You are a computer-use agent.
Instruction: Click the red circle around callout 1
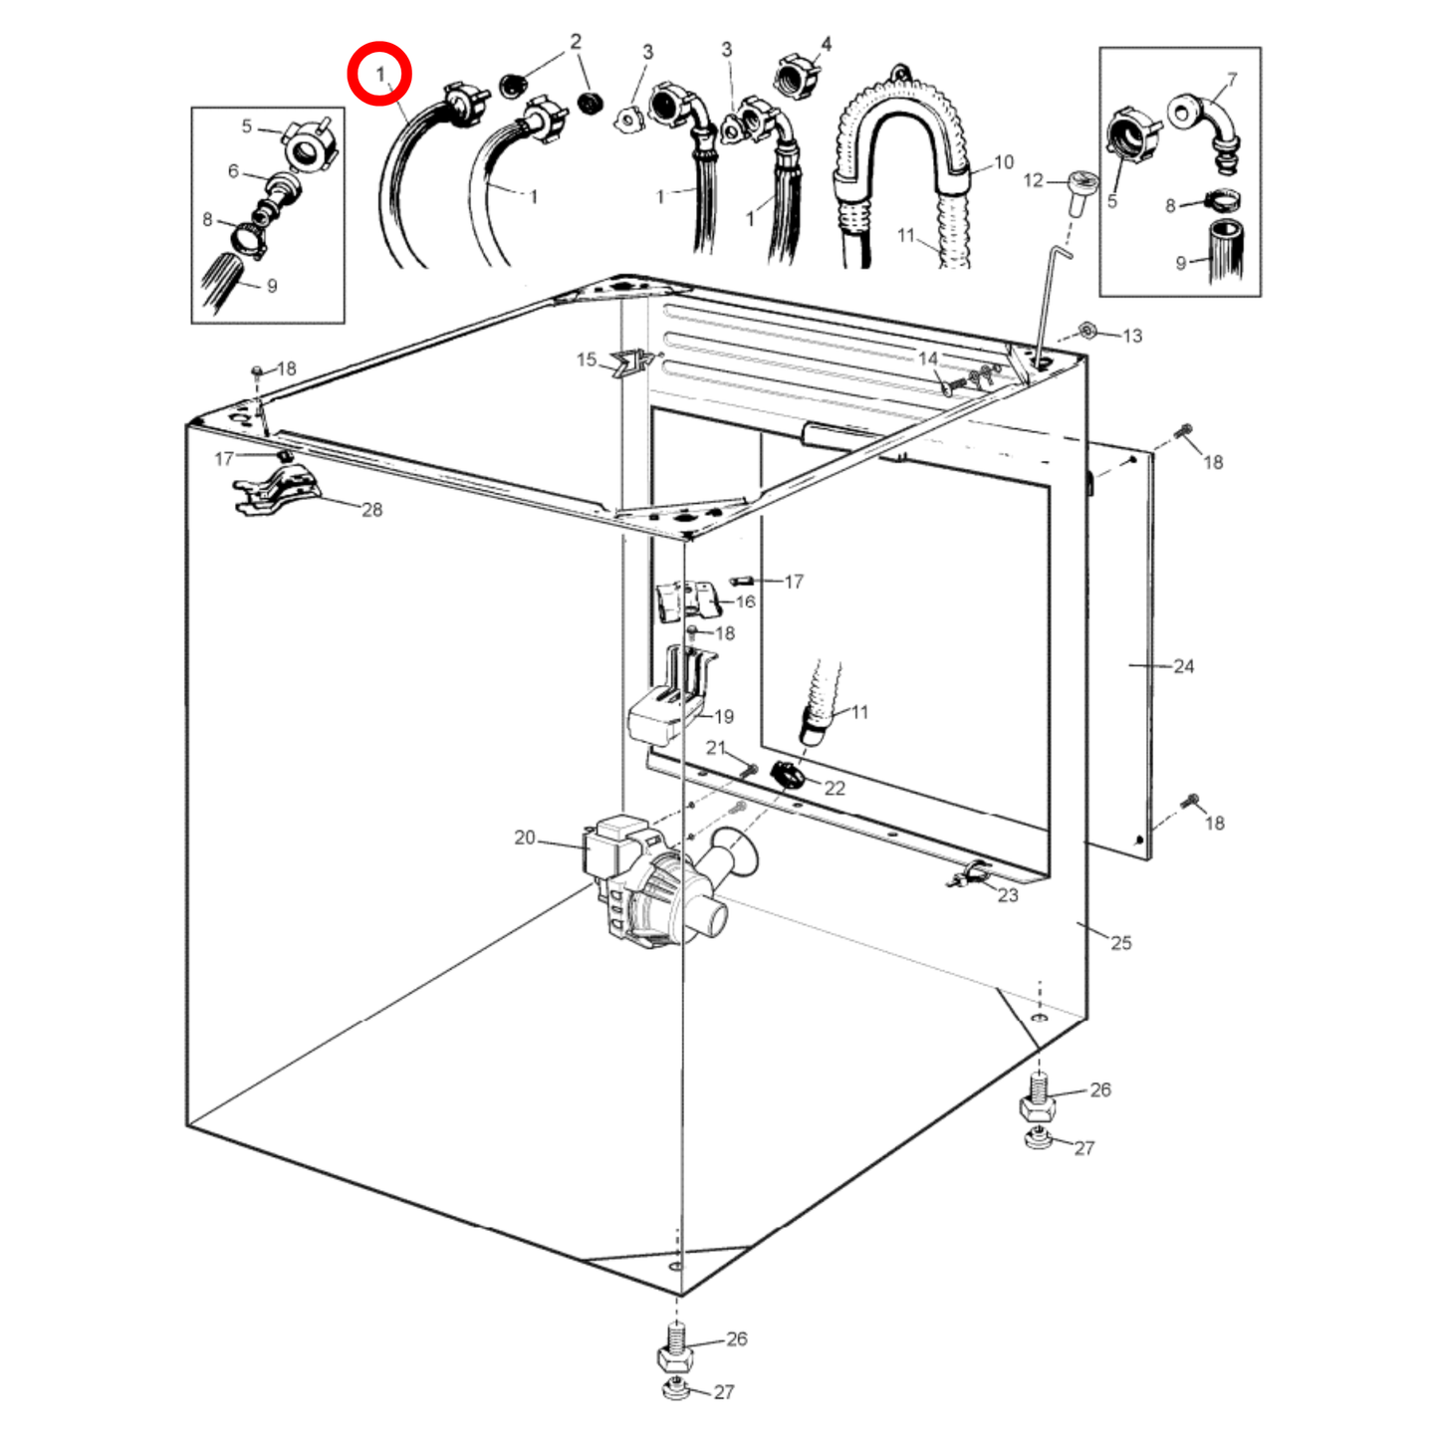(x=378, y=74)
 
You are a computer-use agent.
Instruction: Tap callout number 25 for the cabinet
(x=1121, y=942)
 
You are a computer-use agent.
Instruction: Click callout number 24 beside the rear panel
(x=1183, y=666)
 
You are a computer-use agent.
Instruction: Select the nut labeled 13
(x=1088, y=330)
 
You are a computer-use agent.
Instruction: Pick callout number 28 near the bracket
(x=371, y=510)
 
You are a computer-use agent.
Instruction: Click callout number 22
(x=835, y=788)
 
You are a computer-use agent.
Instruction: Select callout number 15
(x=587, y=360)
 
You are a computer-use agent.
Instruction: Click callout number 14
(x=928, y=359)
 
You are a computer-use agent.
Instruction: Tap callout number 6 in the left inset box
(x=233, y=171)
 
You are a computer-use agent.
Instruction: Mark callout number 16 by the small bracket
(x=745, y=601)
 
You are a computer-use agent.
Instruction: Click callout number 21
(x=716, y=748)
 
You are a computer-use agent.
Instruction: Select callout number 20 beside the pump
(x=525, y=838)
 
